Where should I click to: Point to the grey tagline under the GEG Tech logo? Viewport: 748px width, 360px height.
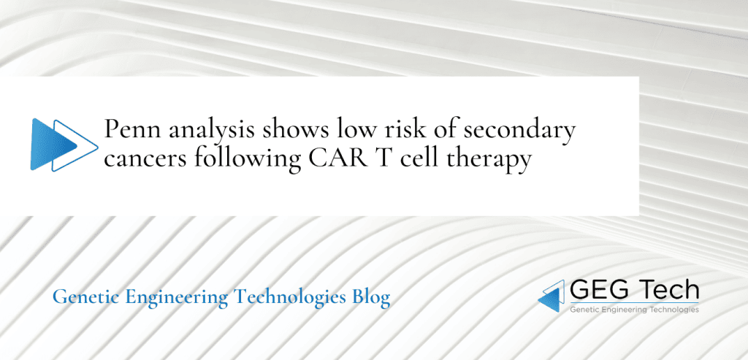point(633,310)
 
